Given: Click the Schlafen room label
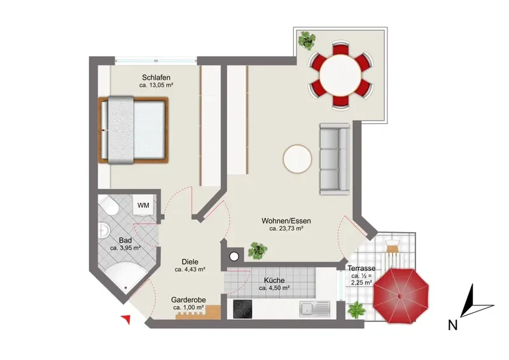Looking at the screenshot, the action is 156,78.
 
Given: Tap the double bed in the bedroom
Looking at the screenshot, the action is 133,130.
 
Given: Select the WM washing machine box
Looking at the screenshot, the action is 143,205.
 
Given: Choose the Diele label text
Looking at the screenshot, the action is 190,261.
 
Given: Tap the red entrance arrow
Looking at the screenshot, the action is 126,319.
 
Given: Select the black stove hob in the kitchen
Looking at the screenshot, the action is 242,308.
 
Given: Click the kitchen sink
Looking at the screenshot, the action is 314,309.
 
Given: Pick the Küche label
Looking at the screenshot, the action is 274,280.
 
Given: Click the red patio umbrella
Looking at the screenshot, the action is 401,296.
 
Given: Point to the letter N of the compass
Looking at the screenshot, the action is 453,325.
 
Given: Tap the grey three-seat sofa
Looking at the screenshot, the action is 335,159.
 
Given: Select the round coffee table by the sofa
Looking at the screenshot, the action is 297,159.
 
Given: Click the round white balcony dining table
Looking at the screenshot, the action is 340,75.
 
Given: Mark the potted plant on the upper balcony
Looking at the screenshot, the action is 307,40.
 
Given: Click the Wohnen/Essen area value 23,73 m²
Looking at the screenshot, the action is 286,228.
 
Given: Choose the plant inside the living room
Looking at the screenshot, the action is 258,250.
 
